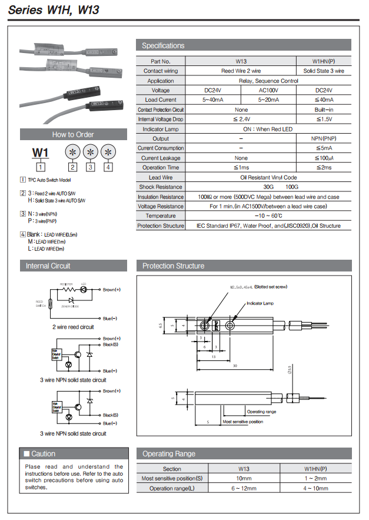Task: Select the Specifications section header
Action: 163,45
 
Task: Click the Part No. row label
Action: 160,61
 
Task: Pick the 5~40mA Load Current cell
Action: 212,100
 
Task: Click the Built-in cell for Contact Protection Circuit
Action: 324,110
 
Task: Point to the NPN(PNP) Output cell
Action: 324,138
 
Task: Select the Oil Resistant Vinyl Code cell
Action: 268,177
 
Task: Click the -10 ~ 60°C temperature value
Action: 268,216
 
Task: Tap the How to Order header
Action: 73,134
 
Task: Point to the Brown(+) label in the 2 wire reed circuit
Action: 111,290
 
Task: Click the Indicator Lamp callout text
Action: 260,303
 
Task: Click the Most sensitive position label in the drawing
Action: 242,422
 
